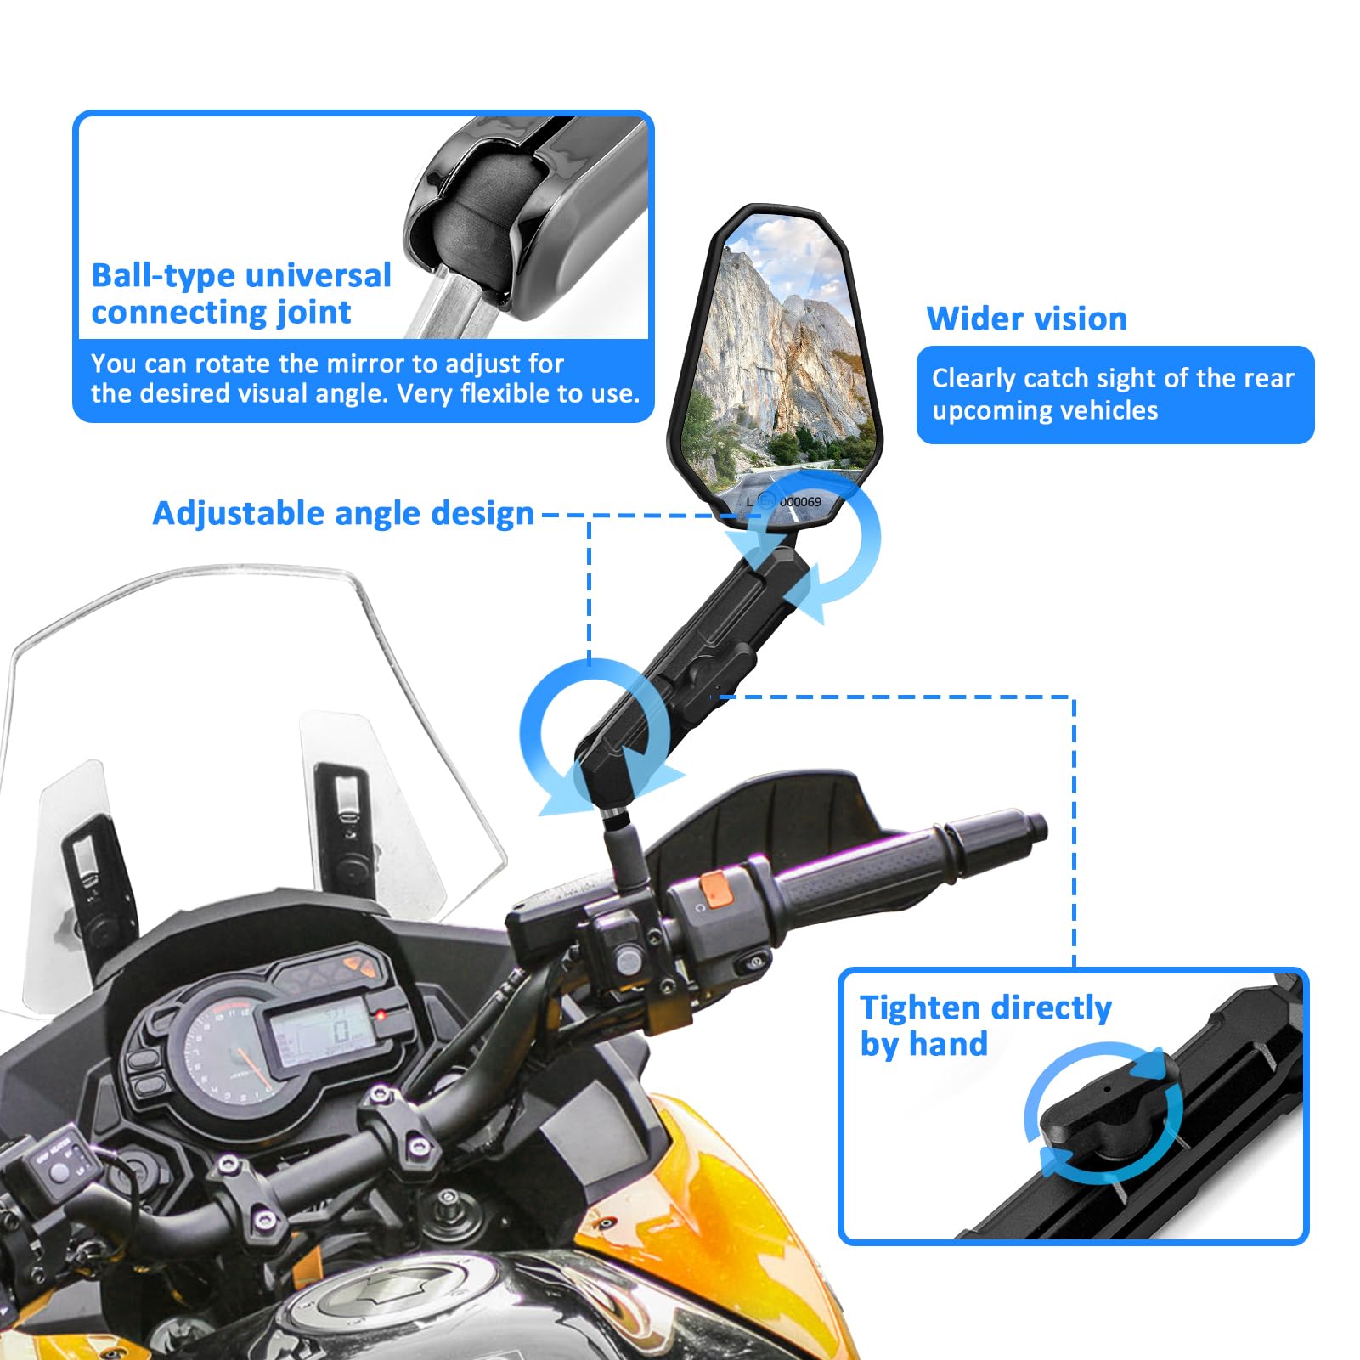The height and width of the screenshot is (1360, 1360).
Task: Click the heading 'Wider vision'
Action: coord(1026,319)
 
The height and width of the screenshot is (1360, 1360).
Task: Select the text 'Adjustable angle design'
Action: coord(343,514)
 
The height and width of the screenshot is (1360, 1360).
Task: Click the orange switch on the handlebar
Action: coord(716,889)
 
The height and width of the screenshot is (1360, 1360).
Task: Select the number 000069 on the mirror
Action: coord(800,502)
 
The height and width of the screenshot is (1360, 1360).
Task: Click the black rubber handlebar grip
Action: coord(875,866)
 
